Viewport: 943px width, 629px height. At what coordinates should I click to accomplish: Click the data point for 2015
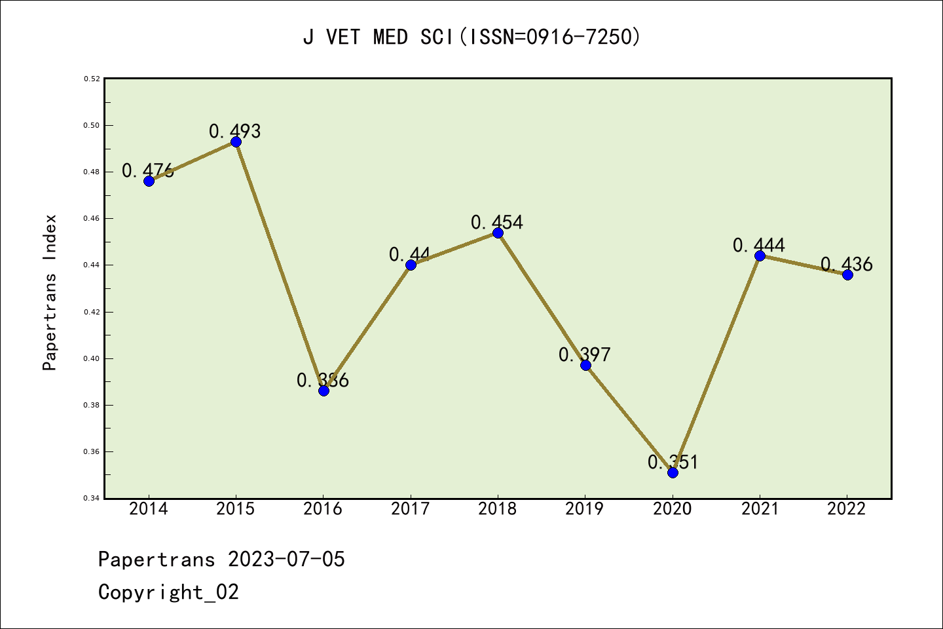tap(236, 142)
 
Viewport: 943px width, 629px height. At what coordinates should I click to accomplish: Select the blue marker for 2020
tap(673, 472)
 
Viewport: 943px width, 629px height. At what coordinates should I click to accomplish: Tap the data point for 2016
tap(324, 391)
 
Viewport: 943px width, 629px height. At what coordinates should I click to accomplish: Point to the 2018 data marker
tap(498, 233)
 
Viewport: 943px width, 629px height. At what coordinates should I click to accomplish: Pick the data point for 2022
tap(847, 275)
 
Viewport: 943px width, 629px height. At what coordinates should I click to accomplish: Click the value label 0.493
tap(234, 131)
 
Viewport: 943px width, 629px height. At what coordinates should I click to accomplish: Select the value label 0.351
tap(673, 462)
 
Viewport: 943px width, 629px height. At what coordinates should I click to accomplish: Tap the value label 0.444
tap(758, 245)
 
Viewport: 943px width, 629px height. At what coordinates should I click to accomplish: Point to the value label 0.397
tap(584, 354)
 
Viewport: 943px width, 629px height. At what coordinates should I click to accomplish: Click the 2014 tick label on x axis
tap(149, 508)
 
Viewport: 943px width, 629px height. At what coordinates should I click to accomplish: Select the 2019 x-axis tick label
tap(585, 508)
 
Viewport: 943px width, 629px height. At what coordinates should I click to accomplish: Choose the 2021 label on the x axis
tap(760, 508)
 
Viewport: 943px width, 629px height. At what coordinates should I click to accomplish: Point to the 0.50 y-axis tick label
tap(92, 125)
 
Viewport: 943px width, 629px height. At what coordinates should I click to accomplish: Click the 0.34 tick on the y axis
tap(92, 499)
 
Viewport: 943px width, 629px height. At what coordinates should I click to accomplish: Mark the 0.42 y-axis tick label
tap(92, 312)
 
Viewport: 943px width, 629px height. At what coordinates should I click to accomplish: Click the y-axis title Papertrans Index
tap(50, 292)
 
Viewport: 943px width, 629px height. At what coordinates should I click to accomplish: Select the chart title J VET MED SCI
tap(471, 37)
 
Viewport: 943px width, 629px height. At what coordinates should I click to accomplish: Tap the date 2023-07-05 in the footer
tap(286, 559)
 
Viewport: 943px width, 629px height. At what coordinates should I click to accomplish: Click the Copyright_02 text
tap(168, 592)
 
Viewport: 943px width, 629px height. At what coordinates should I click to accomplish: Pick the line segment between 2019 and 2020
tap(629, 419)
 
